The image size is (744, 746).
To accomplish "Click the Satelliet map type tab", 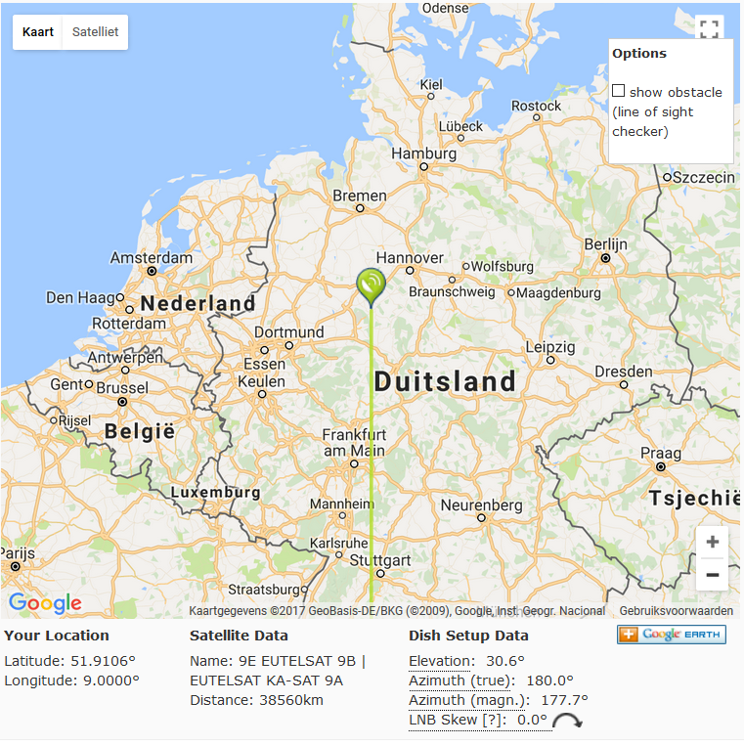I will [95, 32].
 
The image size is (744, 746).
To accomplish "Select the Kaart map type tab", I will [38, 32].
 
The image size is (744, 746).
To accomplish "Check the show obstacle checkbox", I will [619, 91].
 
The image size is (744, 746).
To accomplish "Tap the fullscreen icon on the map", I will [710, 29].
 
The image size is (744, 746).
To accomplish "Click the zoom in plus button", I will [712, 542].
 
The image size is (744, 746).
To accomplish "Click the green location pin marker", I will [372, 285].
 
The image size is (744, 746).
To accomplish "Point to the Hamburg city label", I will [424, 154].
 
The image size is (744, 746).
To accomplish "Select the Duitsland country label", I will [445, 381].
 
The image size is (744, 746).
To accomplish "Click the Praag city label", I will [660, 453].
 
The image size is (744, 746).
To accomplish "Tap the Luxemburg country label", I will [215, 493].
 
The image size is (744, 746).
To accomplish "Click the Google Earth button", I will [671, 635].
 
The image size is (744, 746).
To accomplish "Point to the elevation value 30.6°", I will [505, 661].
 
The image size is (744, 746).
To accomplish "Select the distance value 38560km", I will [289, 700].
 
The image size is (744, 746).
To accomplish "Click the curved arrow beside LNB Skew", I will [566, 722].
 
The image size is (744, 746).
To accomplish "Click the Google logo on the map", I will [45, 603].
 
